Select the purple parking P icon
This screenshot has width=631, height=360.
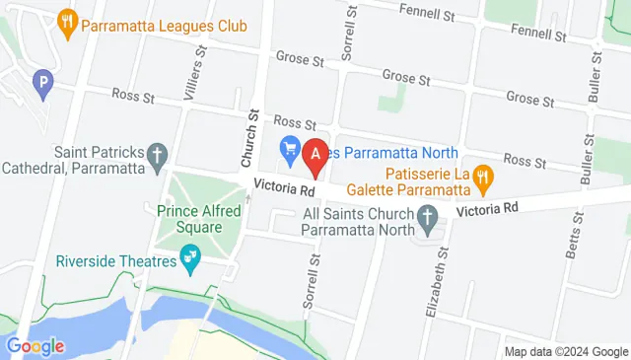[42, 84]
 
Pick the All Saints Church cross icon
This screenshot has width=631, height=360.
[427, 216]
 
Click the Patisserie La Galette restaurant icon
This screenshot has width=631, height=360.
[482, 178]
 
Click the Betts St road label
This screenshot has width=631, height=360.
[574, 234]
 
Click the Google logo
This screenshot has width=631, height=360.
[35, 346]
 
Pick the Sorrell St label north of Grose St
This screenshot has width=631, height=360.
[347, 31]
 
